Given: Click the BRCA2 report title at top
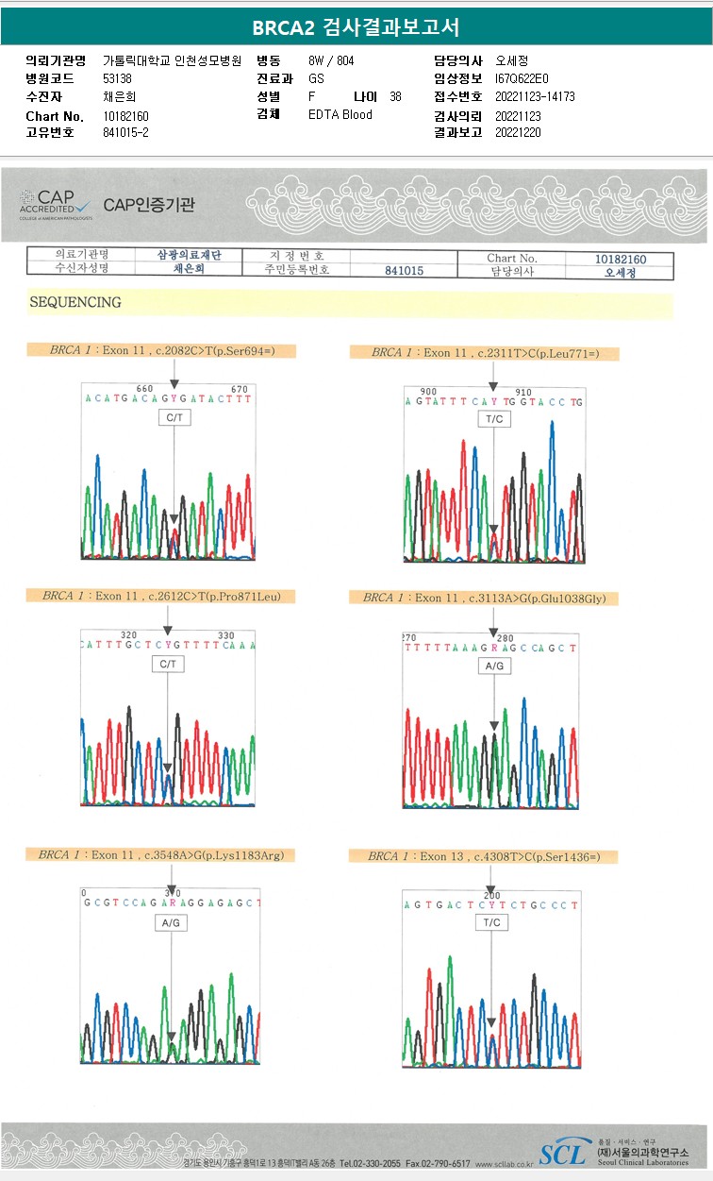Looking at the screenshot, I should pos(356,27).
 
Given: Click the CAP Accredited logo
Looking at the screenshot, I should pos(56,204).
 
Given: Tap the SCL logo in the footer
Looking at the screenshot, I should pos(562,1153).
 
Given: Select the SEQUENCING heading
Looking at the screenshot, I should pos(75,303).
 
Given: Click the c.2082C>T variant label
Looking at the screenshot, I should pos(173,350).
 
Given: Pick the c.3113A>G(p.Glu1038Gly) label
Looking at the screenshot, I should pos(484,598).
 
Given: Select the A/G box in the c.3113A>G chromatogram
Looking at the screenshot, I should pos(494,666).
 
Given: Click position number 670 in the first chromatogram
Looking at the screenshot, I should pos(239,389).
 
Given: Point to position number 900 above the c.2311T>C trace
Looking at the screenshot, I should pos(428,391).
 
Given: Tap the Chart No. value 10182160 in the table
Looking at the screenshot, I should pos(620,258).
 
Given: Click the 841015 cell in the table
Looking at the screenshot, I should pos(404,271).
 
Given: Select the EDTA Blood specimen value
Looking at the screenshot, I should pos(340,115).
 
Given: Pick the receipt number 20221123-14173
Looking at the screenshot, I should pos(535,96).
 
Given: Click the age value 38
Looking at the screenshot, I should pos(395,96).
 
